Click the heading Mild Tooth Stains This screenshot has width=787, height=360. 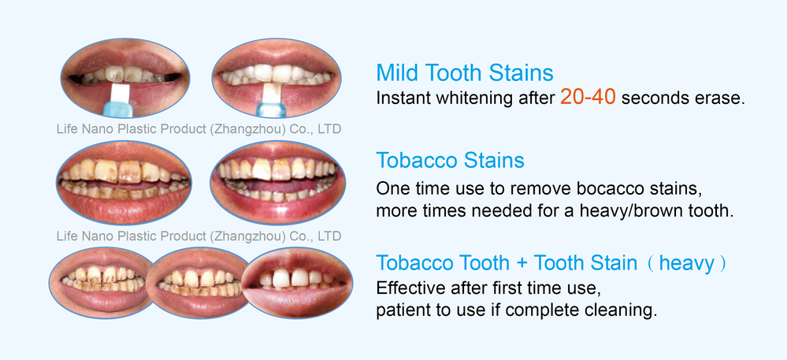click(465, 72)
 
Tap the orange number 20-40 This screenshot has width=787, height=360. click(588, 97)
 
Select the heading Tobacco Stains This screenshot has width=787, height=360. click(450, 161)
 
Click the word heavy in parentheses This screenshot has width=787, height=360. click(686, 263)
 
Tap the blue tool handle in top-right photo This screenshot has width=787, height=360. click(273, 109)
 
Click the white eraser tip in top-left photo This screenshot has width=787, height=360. click(120, 93)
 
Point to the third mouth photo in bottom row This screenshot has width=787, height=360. click(297, 283)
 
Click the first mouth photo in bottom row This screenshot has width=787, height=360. click(101, 283)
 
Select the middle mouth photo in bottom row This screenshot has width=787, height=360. click(199, 283)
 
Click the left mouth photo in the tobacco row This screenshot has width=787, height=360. click(124, 182)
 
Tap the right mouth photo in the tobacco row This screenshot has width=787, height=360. click(277, 182)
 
